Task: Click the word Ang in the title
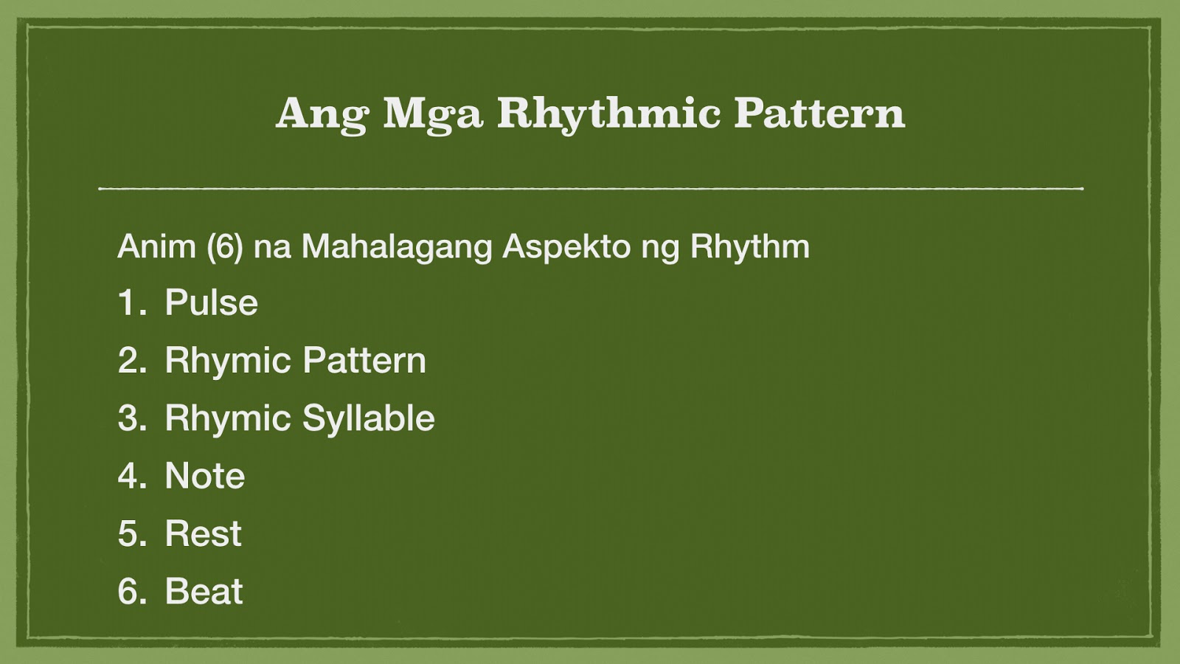pos(322,114)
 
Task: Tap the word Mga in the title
pos(432,114)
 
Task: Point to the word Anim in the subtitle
pos(156,246)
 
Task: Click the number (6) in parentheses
pos(224,246)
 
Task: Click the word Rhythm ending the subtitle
pos(749,246)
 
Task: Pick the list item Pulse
pos(211,302)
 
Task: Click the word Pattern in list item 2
pos(364,361)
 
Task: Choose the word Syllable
pos(369,419)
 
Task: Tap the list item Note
pos(204,476)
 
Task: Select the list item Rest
pos(203,533)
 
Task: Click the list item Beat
pos(204,591)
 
